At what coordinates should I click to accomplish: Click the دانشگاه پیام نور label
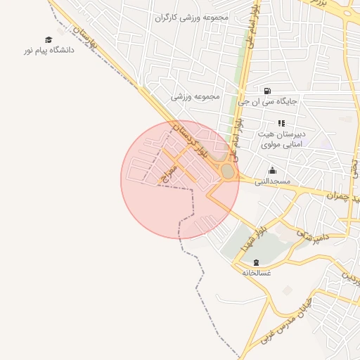pyautogui.click(x=49, y=52)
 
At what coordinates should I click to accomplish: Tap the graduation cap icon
pyautogui.click(x=49, y=40)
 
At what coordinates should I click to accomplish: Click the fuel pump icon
pyautogui.click(x=267, y=91)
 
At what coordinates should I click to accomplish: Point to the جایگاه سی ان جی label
pyautogui.click(x=268, y=102)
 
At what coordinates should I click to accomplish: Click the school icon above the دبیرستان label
pyautogui.click(x=281, y=123)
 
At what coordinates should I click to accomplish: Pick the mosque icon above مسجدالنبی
pyautogui.click(x=273, y=171)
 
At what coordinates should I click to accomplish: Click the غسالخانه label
pyautogui.click(x=257, y=272)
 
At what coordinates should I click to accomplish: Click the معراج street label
pyautogui.click(x=168, y=175)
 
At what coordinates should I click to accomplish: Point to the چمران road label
pyautogui.click(x=342, y=195)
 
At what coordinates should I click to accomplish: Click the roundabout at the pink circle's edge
pyautogui.click(x=227, y=172)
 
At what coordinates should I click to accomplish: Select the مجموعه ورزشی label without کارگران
pyautogui.click(x=196, y=96)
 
